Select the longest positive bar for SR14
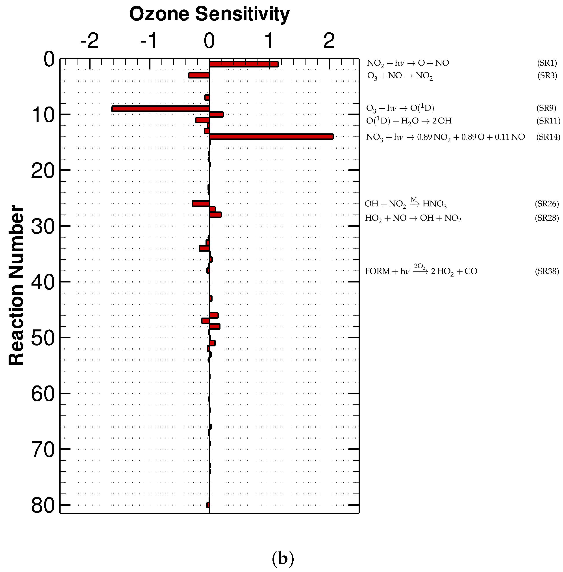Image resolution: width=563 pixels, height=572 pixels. [x=271, y=137]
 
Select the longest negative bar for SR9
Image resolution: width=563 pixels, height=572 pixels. [x=161, y=109]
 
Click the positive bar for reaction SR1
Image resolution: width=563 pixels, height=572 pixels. [x=244, y=64]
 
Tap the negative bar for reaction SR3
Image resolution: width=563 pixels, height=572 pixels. [x=199, y=75]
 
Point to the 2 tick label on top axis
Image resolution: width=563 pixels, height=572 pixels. [x=329, y=41]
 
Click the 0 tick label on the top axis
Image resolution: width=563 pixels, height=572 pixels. [x=209, y=41]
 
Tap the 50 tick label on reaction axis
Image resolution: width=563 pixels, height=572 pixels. [x=43, y=338]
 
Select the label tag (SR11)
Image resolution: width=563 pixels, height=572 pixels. [x=548, y=121]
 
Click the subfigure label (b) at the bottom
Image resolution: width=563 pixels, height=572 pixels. [x=283, y=558]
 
